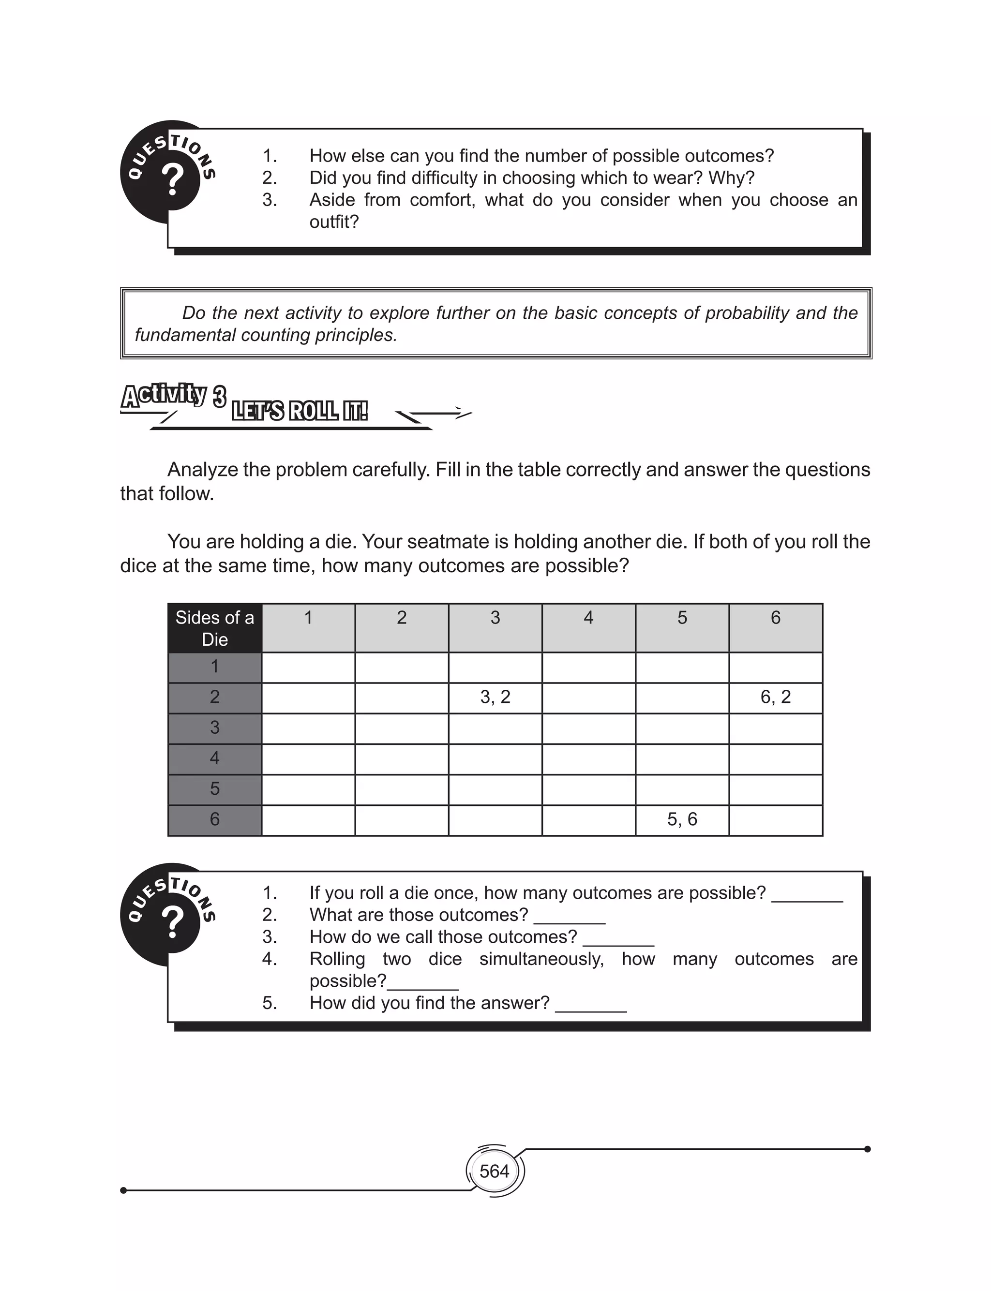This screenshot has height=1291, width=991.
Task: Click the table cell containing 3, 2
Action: point(495,697)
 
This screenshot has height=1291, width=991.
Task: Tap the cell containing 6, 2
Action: point(775,697)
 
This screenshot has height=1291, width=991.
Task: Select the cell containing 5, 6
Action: point(682,819)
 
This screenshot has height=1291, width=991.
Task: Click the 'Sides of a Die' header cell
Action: point(215,628)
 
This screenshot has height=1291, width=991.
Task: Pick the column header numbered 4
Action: point(588,618)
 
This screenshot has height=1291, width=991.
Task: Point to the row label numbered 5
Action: point(215,789)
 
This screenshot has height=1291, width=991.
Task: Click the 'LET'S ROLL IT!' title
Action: point(300,411)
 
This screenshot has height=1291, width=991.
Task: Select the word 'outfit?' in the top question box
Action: point(334,222)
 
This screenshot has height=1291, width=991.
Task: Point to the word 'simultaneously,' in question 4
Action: point(541,959)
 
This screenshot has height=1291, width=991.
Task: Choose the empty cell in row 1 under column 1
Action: point(308,668)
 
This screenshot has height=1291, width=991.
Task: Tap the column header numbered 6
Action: point(775,618)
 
